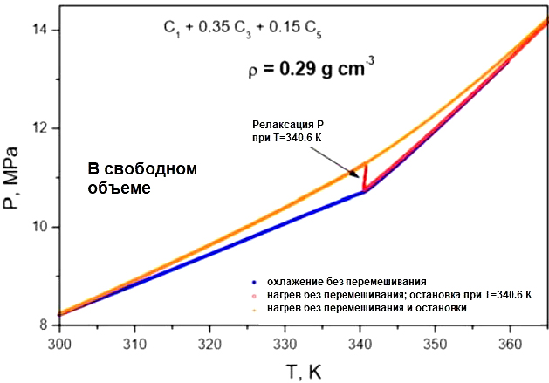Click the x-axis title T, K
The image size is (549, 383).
click(x=303, y=370)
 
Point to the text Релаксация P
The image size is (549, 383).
click(x=288, y=125)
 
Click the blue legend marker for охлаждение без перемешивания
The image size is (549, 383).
click(x=253, y=282)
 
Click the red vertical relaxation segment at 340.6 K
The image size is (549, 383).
click(x=365, y=176)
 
